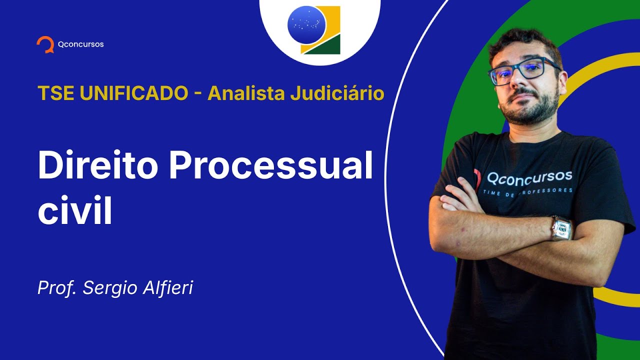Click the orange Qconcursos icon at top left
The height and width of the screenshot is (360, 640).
pyautogui.click(x=45, y=44)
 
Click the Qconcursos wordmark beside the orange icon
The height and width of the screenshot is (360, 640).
pyautogui.click(x=80, y=44)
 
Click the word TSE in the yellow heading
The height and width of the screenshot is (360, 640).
pyautogui.click(x=52, y=93)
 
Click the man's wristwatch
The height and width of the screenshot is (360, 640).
pyautogui.click(x=561, y=228)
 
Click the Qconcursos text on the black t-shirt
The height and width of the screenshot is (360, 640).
pyautogui.click(x=529, y=177)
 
